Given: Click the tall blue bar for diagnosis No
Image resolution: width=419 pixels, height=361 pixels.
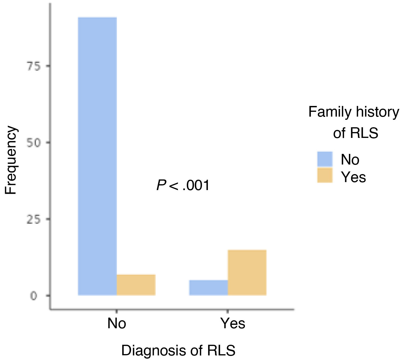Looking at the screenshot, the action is pos(97,156).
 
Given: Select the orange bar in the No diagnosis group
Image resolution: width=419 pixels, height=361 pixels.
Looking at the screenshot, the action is pos(136,285).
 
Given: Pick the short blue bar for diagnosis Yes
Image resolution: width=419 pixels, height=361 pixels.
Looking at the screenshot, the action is pos(208,288).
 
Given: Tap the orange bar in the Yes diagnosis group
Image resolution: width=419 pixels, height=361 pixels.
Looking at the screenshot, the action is pos(247,273).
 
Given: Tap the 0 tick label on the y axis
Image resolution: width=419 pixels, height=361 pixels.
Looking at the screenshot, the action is pos(34,296).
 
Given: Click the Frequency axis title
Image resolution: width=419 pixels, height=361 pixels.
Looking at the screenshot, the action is pos(11,160).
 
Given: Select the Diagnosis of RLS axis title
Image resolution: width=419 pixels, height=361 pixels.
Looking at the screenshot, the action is pos(178,350).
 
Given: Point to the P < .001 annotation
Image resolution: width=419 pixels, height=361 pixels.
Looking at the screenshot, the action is pos(183,185).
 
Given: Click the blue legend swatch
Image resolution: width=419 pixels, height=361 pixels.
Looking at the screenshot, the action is pos(325,159).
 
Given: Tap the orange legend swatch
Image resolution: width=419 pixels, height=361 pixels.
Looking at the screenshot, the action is pos(325,175).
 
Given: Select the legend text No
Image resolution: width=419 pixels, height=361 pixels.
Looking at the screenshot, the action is pos(350,159).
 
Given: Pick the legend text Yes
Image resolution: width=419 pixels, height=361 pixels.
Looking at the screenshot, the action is pos(353,177).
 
